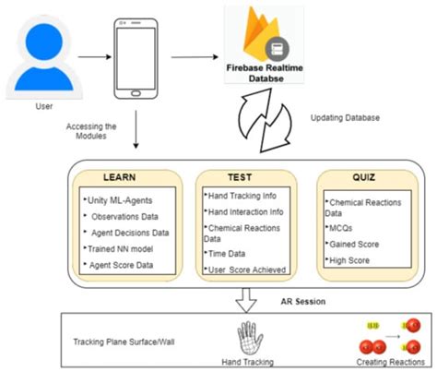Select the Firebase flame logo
point(251,32)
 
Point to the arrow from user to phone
point(92,57)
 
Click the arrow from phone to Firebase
point(195,57)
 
